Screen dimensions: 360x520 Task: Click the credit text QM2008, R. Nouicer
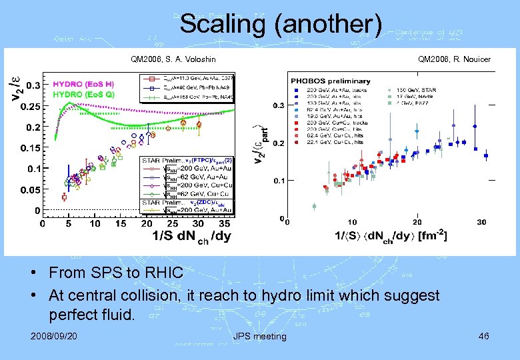pyautogui.click(x=454, y=59)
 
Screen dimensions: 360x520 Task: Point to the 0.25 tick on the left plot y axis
pyautogui.click(x=29, y=106)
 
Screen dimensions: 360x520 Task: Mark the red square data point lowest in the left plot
pyautogui.click(x=64, y=197)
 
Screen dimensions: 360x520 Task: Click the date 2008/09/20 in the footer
pyautogui.click(x=53, y=335)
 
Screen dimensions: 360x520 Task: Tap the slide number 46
pyautogui.click(x=483, y=335)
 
